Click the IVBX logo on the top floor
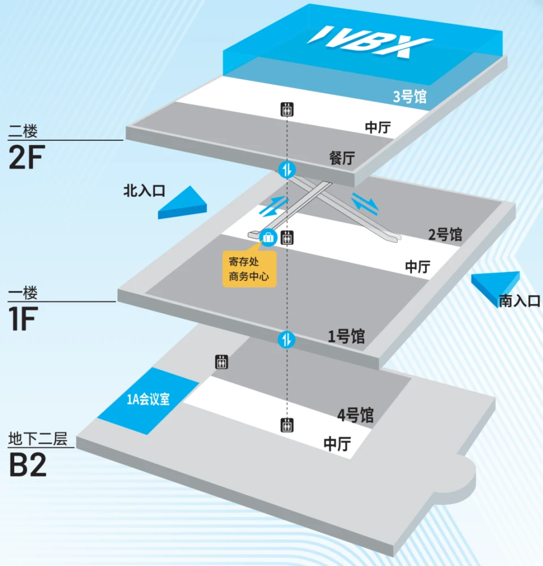370,42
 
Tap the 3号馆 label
410,97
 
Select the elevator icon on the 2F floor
287,109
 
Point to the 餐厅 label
342,158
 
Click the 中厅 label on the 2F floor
378,127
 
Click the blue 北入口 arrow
183,203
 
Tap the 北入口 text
144,191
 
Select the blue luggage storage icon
268,237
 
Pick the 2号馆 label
445,235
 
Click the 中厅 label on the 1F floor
418,267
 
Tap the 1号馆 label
346,336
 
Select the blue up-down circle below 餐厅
287,169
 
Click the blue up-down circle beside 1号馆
287,340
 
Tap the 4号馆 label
355,415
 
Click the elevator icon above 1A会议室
221,362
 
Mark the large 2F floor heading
27,157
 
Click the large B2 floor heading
28,465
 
